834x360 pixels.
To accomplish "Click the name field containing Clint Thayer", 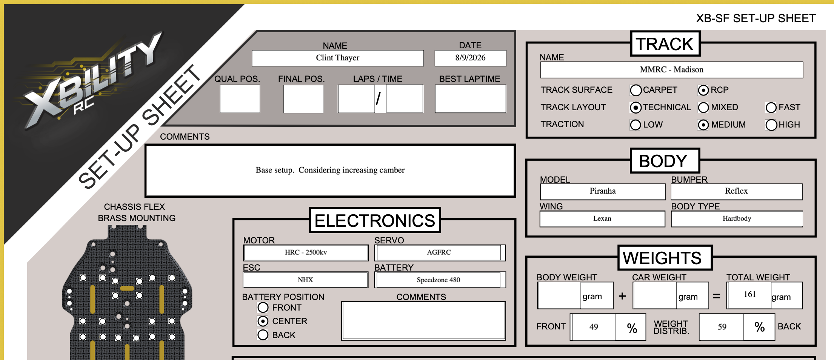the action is pos(338,58).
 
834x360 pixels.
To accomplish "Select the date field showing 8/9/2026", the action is pos(470,58).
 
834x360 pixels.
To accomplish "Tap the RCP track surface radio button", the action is pos(703,90).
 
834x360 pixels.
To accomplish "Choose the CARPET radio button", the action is pos(636,90).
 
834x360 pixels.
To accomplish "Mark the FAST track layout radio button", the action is pos(771,108).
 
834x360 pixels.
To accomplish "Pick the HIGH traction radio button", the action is pos(771,125).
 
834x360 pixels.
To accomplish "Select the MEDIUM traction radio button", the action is pos(703,125).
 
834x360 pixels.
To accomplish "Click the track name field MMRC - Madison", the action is pos(672,70).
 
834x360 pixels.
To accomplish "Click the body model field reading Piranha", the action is pos(603,191).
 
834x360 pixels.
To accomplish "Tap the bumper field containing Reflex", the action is pos(737,191).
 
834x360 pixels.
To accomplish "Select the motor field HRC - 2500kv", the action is pos(306,252).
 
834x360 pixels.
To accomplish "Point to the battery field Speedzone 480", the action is pos(439,280).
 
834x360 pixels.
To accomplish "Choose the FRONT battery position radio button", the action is pos(263,308).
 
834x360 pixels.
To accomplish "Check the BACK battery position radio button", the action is pos(263,335).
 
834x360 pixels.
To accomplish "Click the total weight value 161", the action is pos(750,295).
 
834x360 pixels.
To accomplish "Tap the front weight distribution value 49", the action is pos(594,327).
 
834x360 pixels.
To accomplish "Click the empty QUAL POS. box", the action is pos(240,98).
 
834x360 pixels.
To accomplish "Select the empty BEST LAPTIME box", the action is pos(470,98).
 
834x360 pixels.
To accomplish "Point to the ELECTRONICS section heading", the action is pos(375,221).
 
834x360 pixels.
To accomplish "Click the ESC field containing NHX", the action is pos(306,280).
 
